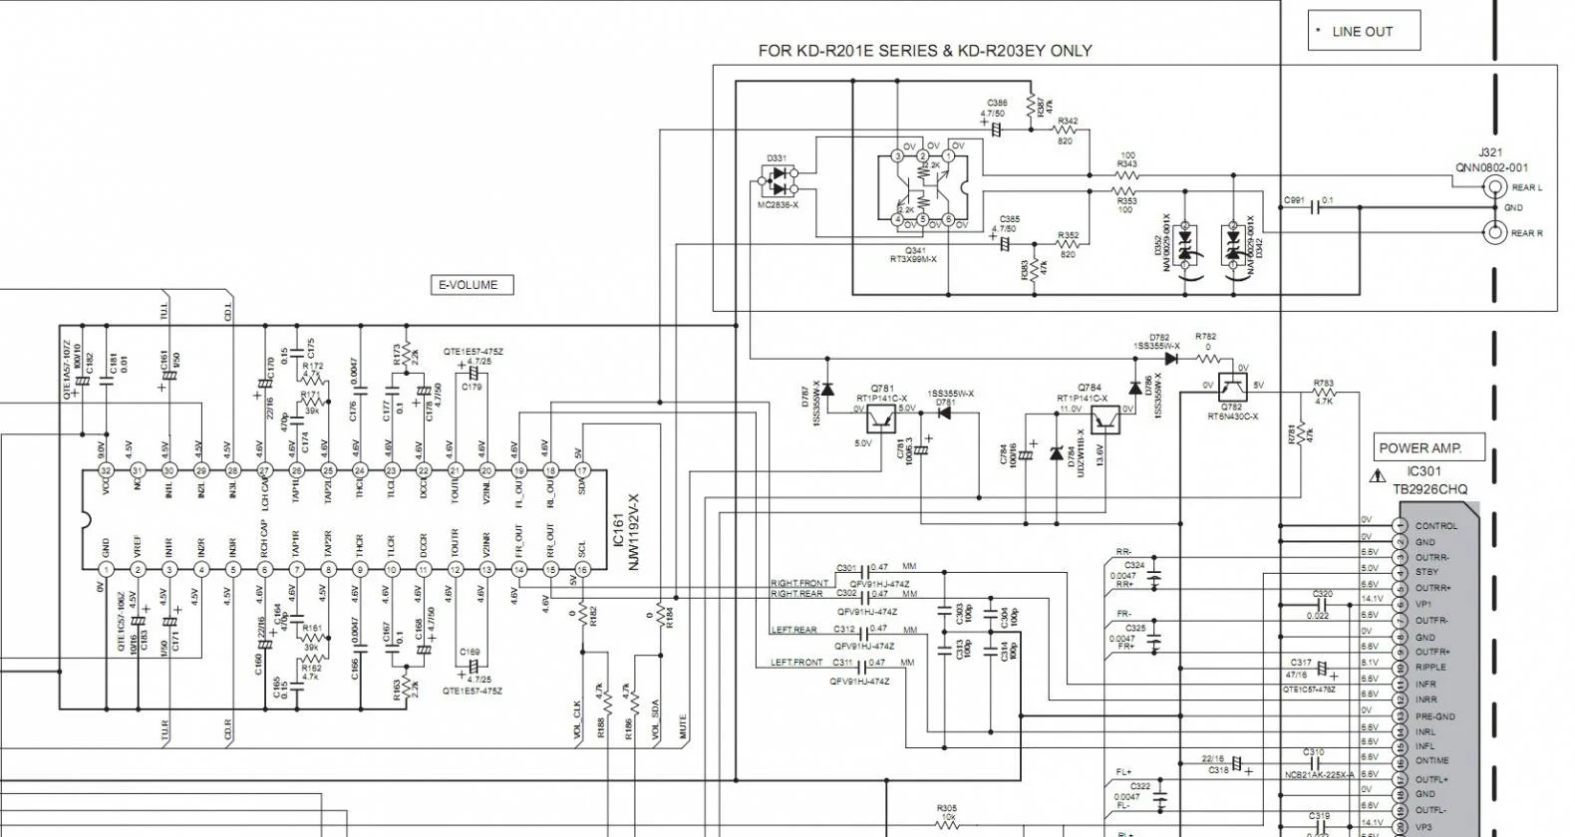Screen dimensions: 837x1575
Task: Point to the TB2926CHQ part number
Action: tap(1430, 489)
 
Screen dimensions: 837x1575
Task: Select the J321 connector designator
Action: tap(1490, 152)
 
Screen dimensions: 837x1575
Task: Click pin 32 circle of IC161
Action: tap(106, 470)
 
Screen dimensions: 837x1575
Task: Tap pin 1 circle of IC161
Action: tap(106, 570)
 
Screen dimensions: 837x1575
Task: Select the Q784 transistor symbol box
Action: tap(1104, 419)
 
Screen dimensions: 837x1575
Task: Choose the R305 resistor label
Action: tap(946, 808)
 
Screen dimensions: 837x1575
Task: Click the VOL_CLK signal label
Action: tap(577, 719)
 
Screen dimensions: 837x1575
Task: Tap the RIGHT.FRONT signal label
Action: tap(798, 583)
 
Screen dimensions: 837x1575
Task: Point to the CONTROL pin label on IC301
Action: tap(1435, 526)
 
